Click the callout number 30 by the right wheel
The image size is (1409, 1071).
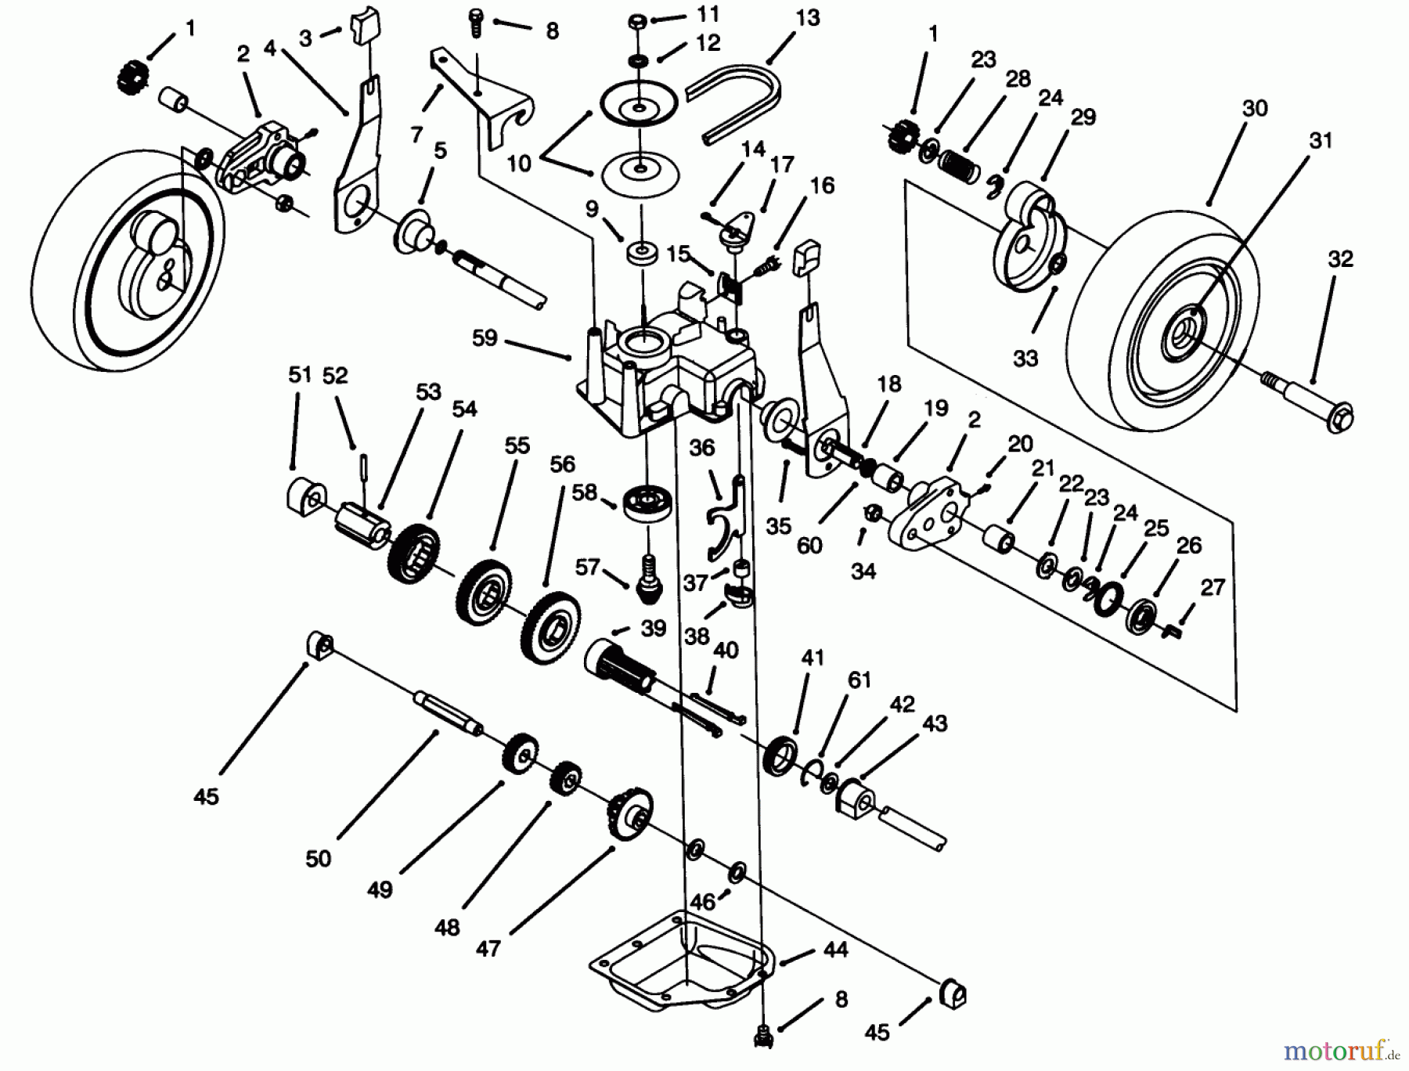(x=1254, y=109)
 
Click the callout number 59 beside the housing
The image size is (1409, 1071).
(x=485, y=337)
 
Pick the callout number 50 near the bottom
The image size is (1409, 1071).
(x=319, y=858)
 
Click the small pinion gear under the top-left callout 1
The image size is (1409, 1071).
(x=128, y=78)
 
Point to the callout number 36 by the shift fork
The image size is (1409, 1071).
(x=701, y=447)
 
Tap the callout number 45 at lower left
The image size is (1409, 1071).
(x=206, y=797)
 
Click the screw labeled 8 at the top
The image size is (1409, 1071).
(x=476, y=21)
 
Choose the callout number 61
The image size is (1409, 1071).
(x=859, y=680)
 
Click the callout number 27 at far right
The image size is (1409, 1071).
(x=1212, y=586)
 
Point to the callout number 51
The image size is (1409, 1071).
(x=300, y=375)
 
